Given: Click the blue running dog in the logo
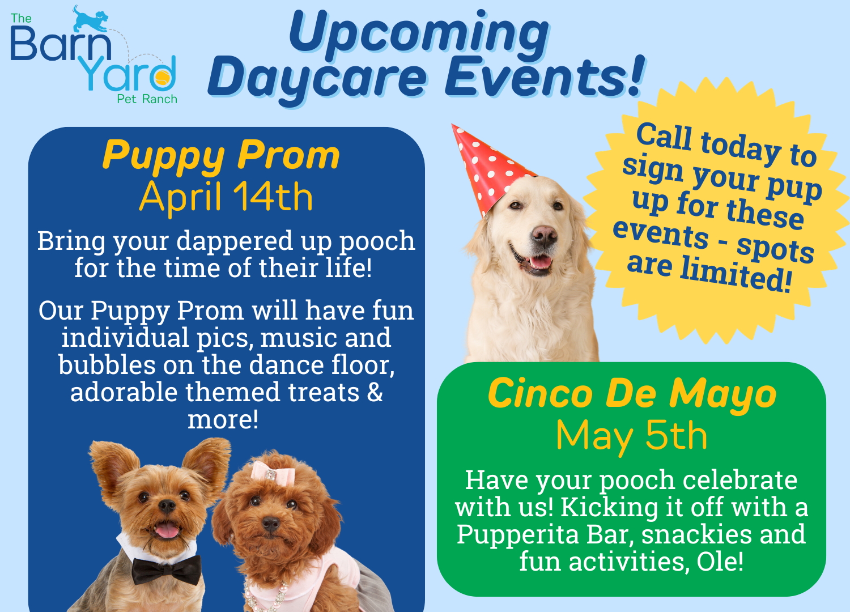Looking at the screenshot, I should (x=91, y=19).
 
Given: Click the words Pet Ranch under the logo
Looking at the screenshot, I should (x=147, y=99).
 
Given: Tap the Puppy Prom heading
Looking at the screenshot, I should (x=221, y=155).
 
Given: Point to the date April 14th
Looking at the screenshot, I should (x=226, y=197).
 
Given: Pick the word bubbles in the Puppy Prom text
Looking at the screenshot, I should (x=107, y=365).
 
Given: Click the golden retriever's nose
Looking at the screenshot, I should (x=545, y=235).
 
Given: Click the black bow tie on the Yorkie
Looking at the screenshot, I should (x=166, y=568).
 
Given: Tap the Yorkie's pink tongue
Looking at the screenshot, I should (x=167, y=530).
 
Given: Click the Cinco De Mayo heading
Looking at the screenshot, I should (x=632, y=394).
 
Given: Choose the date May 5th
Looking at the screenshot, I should (x=632, y=436).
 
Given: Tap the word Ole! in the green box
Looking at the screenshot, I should (x=720, y=562).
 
